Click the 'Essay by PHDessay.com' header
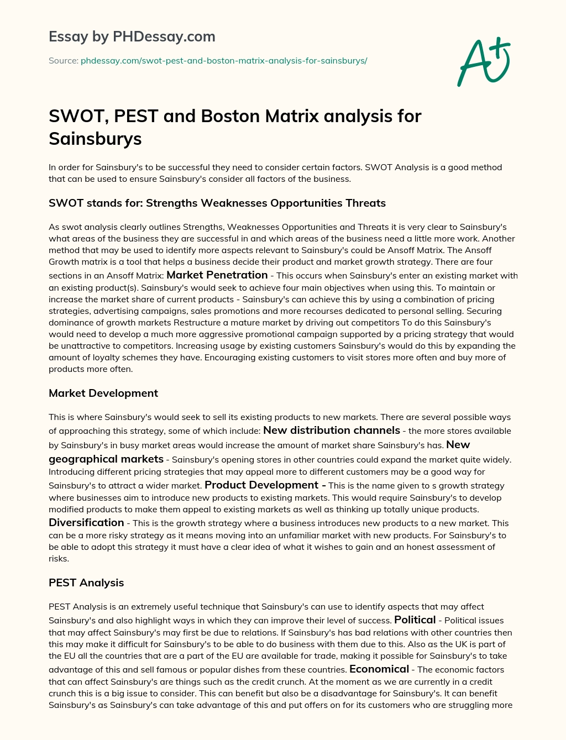pyautogui.click(x=132, y=36)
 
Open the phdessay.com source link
pyautogui.click(x=224, y=61)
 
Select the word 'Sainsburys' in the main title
pyautogui.click(x=95, y=138)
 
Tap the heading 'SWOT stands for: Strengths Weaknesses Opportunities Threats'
pyautogui.click(x=217, y=203)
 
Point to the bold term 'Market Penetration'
pyautogui.click(x=217, y=275)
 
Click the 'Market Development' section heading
pyautogui.click(x=103, y=393)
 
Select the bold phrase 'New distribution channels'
pyautogui.click(x=332, y=430)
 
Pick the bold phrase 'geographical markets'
pyautogui.click(x=106, y=459)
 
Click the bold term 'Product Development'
pyautogui.click(x=261, y=485)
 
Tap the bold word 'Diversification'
pyautogui.click(x=86, y=522)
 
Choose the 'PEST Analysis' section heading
pyautogui.click(x=86, y=582)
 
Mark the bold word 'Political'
pyautogui.click(x=415, y=620)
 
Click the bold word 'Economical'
pyautogui.click(x=379, y=669)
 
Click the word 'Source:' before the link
pyautogui.click(x=63, y=61)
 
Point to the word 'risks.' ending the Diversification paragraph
pyautogui.click(x=59, y=559)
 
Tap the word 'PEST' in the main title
pyautogui.click(x=139, y=116)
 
